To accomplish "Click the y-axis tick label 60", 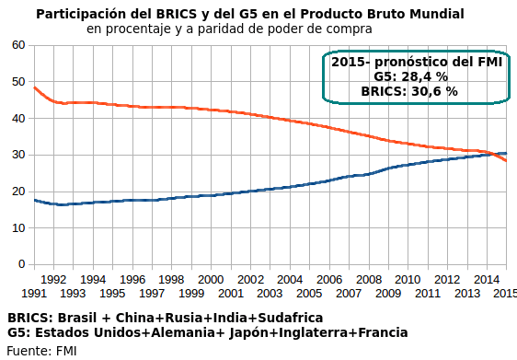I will tap(17, 45).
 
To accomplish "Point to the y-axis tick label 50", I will tap(17, 82).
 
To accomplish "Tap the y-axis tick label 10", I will tap(17, 227).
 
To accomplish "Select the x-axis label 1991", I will tap(33, 293).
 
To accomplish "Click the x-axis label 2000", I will tap(211, 279).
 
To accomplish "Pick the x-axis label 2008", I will tap(368, 279).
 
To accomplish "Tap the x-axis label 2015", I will tap(505, 293).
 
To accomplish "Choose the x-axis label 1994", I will tap(93, 279).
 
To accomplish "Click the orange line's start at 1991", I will tap(34, 87).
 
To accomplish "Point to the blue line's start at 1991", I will tap(34, 200).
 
